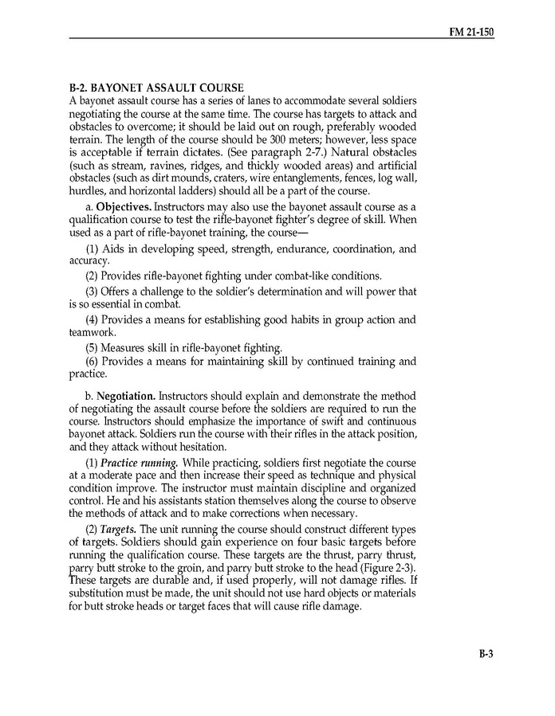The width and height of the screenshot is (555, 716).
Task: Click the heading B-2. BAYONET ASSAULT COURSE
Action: [156, 86]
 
